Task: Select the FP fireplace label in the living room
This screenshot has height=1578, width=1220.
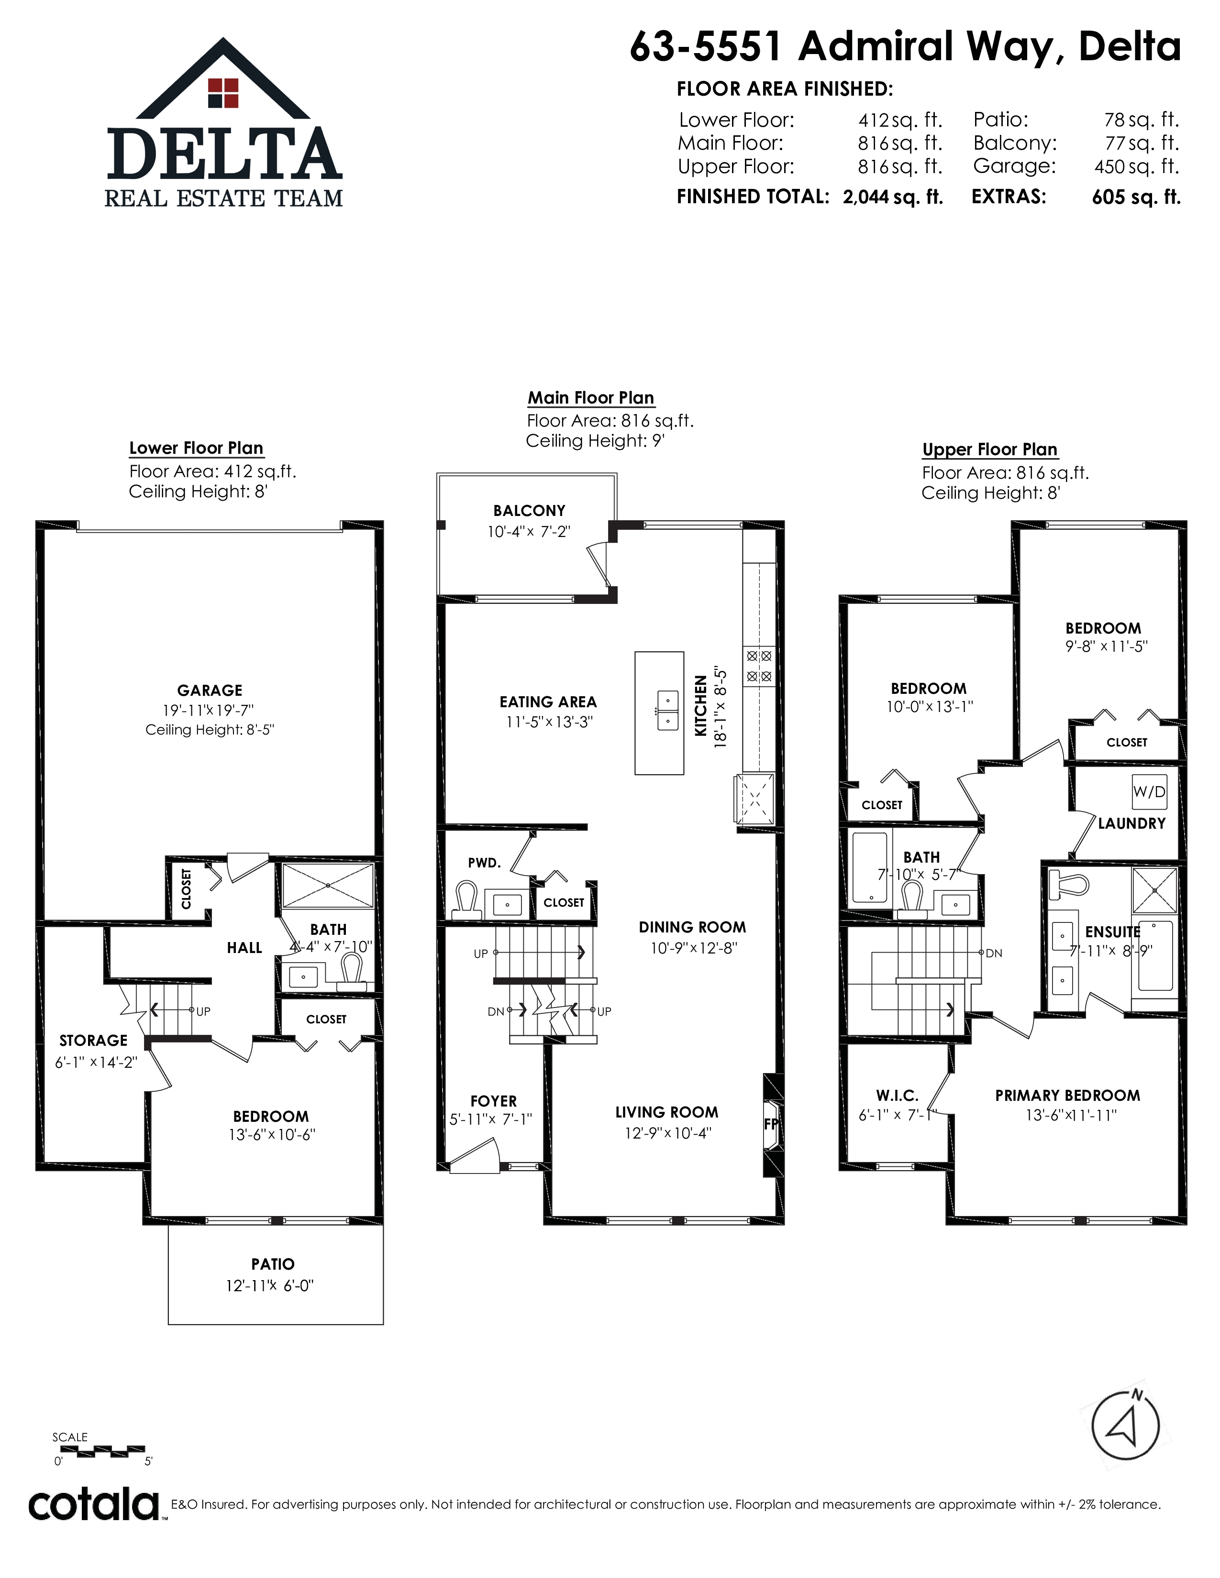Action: tap(772, 1124)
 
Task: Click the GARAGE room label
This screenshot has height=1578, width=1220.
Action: tap(210, 690)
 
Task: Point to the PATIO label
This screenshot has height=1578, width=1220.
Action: tap(273, 1264)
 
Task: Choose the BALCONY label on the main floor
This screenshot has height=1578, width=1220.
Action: tap(529, 510)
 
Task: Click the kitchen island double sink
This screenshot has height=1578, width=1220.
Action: tap(667, 710)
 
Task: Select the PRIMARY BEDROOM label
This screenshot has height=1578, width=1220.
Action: tap(1067, 1095)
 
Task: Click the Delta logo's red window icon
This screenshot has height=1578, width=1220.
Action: tap(223, 92)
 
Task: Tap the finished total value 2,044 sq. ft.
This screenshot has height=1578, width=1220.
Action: tap(893, 197)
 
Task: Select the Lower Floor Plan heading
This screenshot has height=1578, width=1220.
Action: tap(196, 448)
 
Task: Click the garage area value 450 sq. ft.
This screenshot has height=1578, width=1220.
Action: tap(1137, 166)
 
